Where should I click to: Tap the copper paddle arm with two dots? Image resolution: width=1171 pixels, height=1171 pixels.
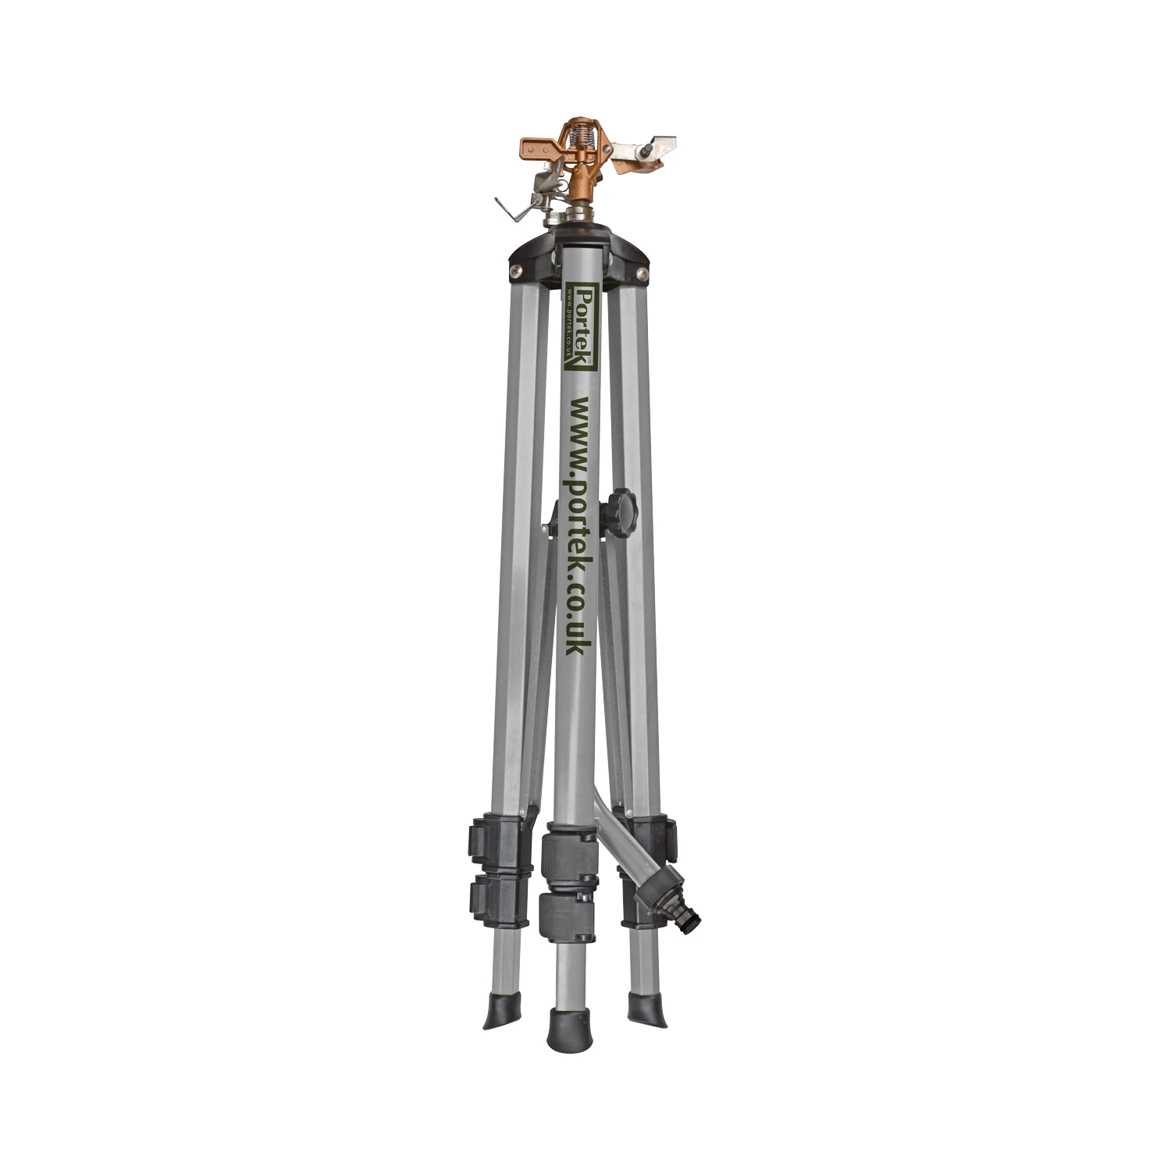(525, 148)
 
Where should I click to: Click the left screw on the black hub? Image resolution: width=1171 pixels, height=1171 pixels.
(516, 271)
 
